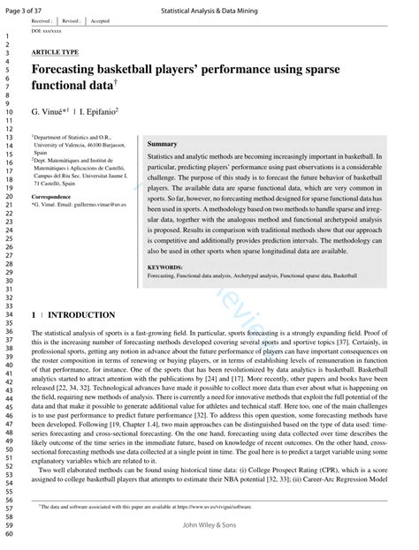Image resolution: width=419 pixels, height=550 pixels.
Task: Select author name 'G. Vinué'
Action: click(50, 113)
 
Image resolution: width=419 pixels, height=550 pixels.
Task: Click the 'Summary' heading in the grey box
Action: click(162, 143)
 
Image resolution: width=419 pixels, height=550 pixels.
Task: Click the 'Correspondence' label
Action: click(51, 196)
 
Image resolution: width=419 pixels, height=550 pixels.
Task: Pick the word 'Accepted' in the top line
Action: click(100, 19)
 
